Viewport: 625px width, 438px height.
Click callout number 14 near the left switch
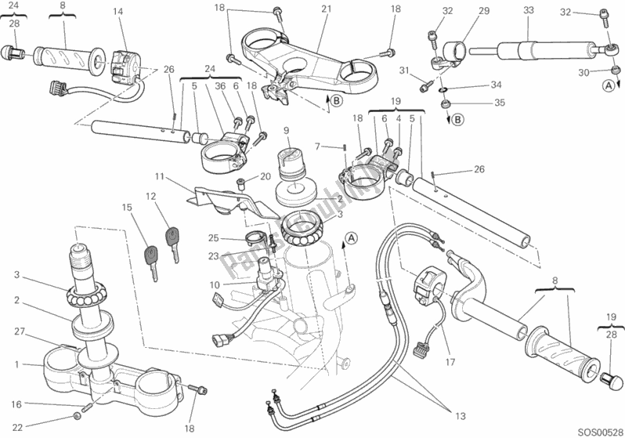(117, 12)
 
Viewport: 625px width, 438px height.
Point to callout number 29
(483, 12)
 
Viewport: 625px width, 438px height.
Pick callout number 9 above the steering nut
(287, 130)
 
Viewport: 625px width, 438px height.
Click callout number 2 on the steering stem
(16, 299)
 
